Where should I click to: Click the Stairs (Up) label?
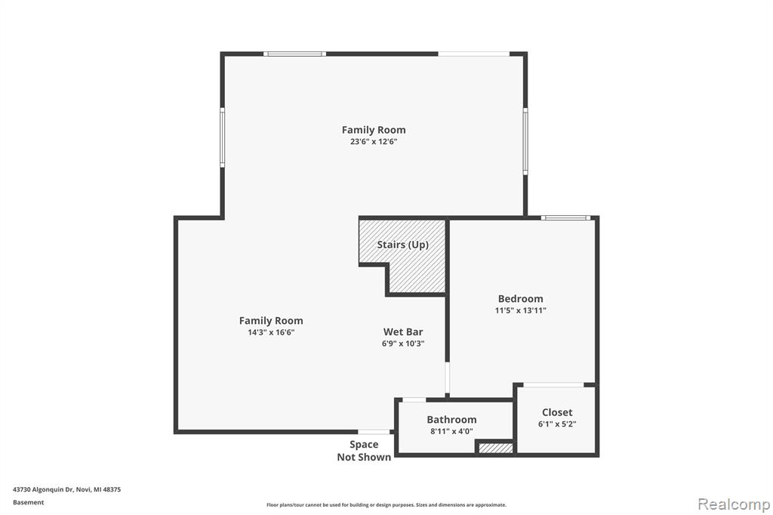pyautogui.click(x=403, y=245)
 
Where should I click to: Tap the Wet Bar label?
pyautogui.click(x=403, y=332)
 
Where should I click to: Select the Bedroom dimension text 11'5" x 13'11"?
pyautogui.click(x=521, y=310)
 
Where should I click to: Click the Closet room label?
pyautogui.click(x=557, y=412)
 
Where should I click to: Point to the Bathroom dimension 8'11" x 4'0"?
pyautogui.click(x=451, y=431)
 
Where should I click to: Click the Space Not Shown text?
pyautogui.click(x=364, y=451)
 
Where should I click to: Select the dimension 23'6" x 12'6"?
pyautogui.click(x=374, y=141)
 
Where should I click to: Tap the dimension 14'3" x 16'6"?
pyautogui.click(x=271, y=332)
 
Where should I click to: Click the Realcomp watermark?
pyautogui.click(x=734, y=504)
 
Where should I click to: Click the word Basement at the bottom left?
pyautogui.click(x=28, y=502)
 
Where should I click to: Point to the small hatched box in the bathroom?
pyautogui.click(x=496, y=448)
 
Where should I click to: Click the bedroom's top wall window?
pyautogui.click(x=565, y=217)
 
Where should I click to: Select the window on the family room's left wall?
pyautogui.click(x=223, y=137)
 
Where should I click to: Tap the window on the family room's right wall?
pyautogui.click(x=525, y=140)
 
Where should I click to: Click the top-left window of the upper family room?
pyautogui.click(x=294, y=54)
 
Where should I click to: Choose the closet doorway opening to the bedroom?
pyautogui.click(x=553, y=385)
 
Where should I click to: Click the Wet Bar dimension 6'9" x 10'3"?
pyautogui.click(x=403, y=344)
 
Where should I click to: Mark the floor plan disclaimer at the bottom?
pyautogui.click(x=386, y=504)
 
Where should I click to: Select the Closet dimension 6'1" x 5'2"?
pyautogui.click(x=557, y=424)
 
